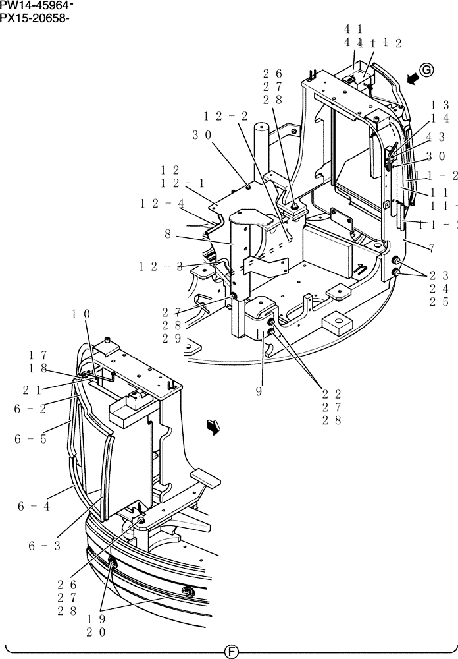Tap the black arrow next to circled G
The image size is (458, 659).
(413, 79)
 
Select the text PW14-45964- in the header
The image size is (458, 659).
(36, 6)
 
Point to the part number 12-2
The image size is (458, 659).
(226, 116)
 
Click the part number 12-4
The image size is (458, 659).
(162, 204)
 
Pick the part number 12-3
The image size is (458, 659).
(161, 266)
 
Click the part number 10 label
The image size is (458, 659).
(82, 314)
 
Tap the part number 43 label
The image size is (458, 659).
(436, 137)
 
